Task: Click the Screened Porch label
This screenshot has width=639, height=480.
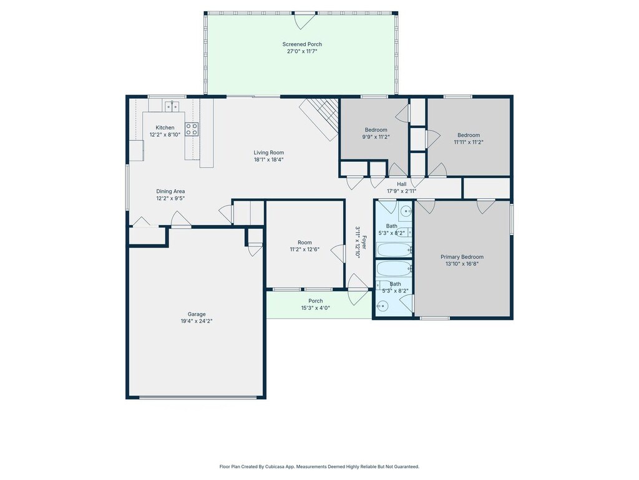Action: pos(302,44)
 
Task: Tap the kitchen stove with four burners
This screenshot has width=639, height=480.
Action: pos(192,129)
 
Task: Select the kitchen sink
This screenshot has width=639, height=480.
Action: pos(172,106)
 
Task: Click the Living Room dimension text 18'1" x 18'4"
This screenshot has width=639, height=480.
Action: pos(268,159)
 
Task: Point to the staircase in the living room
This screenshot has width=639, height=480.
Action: pos(319,119)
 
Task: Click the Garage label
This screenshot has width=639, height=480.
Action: pos(197,314)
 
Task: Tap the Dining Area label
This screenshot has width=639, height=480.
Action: pos(170,191)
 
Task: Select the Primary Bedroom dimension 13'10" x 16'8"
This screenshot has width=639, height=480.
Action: pos(462,264)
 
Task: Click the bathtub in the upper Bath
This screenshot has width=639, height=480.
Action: pos(394,249)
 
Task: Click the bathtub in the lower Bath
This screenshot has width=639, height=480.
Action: pos(394,269)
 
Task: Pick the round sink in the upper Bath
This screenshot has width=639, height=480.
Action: pos(406,211)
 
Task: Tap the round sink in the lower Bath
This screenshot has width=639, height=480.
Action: pos(382,306)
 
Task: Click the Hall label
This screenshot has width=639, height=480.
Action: pos(401,184)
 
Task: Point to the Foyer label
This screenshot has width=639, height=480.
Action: pos(364,242)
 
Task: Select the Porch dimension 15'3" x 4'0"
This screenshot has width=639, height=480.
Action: pos(315,308)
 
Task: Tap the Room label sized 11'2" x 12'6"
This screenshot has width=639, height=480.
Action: pos(305,242)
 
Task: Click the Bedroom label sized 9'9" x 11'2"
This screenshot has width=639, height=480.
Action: pos(376,130)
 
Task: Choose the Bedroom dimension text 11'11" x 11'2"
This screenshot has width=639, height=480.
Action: pos(468,142)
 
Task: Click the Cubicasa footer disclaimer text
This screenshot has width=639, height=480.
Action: pos(319,466)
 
